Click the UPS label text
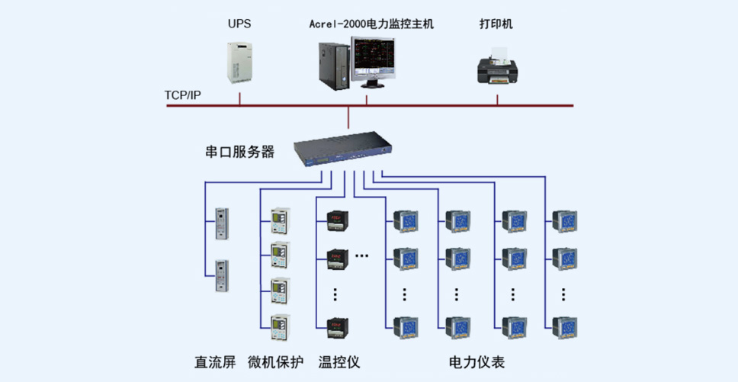point(239,24)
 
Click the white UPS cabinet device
point(239,63)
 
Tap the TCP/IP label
point(183,95)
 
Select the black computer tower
point(335,66)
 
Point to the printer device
point(498,66)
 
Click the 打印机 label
point(496,24)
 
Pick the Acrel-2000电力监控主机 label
point(371,24)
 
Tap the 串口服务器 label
point(240,152)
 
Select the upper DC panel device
point(222,224)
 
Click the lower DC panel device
point(222,276)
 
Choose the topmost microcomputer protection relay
point(280,221)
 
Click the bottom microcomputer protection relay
point(280,327)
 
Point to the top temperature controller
point(338,220)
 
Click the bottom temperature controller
point(338,326)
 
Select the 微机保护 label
point(276,362)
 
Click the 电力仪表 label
point(476,362)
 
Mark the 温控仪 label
point(339,362)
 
